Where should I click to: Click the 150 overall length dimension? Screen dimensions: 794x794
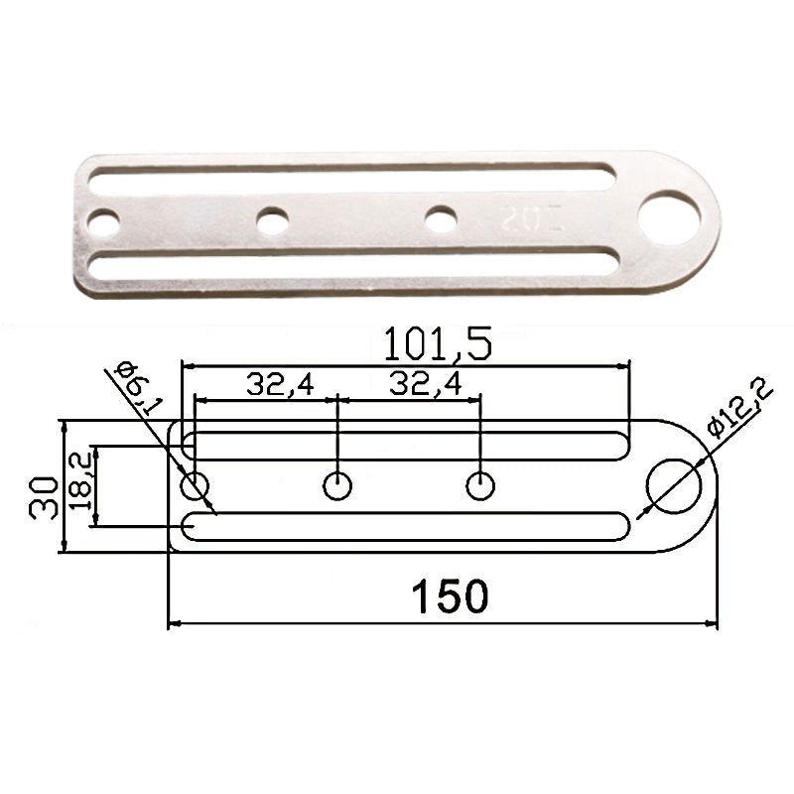pos(451,596)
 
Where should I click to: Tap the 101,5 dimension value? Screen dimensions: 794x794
pos(438,344)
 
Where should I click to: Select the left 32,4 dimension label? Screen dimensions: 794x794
pos(280,384)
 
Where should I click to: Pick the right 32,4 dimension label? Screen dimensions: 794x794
pos(426,383)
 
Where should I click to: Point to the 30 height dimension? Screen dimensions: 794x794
pos(43,498)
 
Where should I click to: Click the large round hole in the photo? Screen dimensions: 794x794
pos(669,218)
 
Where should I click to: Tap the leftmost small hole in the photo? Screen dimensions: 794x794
pos(104,223)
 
